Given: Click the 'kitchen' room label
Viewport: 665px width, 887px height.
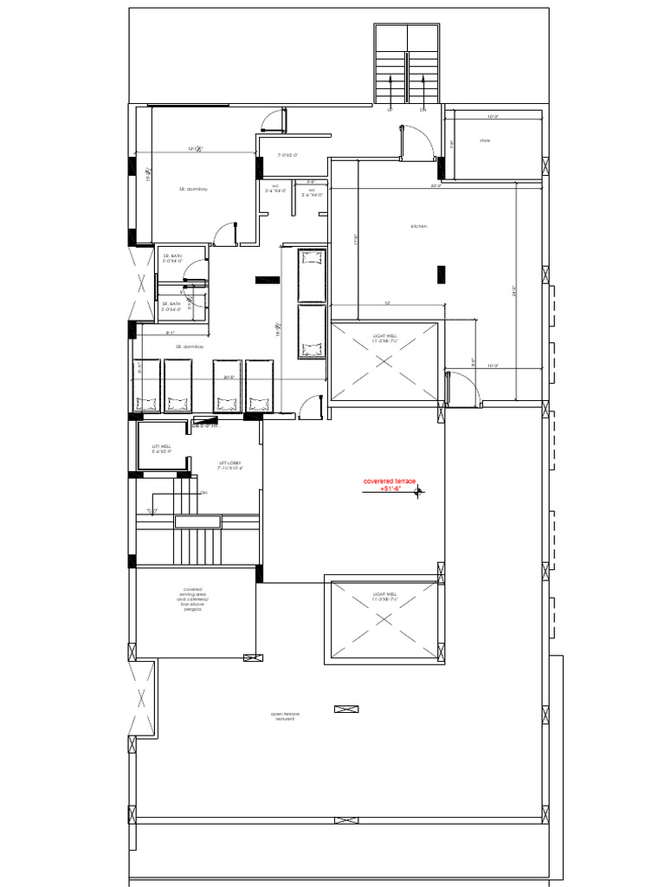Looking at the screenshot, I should click(419, 226).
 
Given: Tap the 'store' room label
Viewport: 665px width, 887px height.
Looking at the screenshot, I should click(485, 140).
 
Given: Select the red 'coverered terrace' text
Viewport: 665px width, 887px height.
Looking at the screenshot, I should click(390, 481).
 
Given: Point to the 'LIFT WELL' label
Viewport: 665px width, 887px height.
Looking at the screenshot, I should click(162, 448).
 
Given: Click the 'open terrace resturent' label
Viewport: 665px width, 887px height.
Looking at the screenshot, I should click(285, 715).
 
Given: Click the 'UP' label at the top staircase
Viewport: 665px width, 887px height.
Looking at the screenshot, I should click(391, 110).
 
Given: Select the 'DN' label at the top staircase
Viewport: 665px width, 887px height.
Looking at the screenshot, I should click(423, 110).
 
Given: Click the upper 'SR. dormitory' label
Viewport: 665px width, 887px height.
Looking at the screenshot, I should click(194, 188).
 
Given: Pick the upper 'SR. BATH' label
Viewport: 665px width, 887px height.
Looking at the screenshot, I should click(171, 258).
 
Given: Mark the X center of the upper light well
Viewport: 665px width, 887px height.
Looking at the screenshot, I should click(384, 362).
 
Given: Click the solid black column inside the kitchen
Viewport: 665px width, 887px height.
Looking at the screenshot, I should click(441, 274).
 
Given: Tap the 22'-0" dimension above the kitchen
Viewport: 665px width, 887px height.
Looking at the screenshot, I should click(436, 185).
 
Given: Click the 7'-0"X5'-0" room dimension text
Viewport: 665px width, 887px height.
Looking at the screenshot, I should click(287, 155).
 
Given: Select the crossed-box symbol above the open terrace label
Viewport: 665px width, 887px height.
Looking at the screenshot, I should click(345, 709).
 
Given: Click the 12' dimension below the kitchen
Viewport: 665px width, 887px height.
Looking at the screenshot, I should click(386, 303).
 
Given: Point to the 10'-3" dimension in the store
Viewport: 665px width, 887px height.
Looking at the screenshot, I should click(492, 116).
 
